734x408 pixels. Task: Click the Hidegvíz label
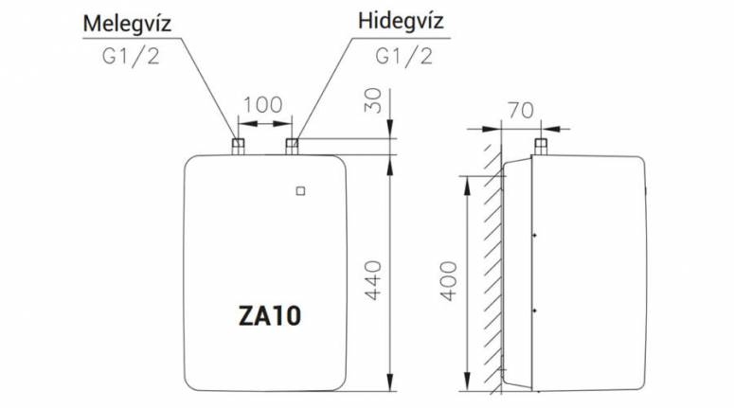click(x=401, y=23)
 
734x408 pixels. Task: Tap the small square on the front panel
click(x=300, y=189)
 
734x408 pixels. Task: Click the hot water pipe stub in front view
click(x=238, y=145)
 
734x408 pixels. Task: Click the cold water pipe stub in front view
click(x=293, y=145)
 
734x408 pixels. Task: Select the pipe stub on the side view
click(x=541, y=146)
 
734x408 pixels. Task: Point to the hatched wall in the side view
click(x=491, y=275)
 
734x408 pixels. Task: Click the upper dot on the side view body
click(x=536, y=234)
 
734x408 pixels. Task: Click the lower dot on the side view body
click(x=536, y=310)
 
